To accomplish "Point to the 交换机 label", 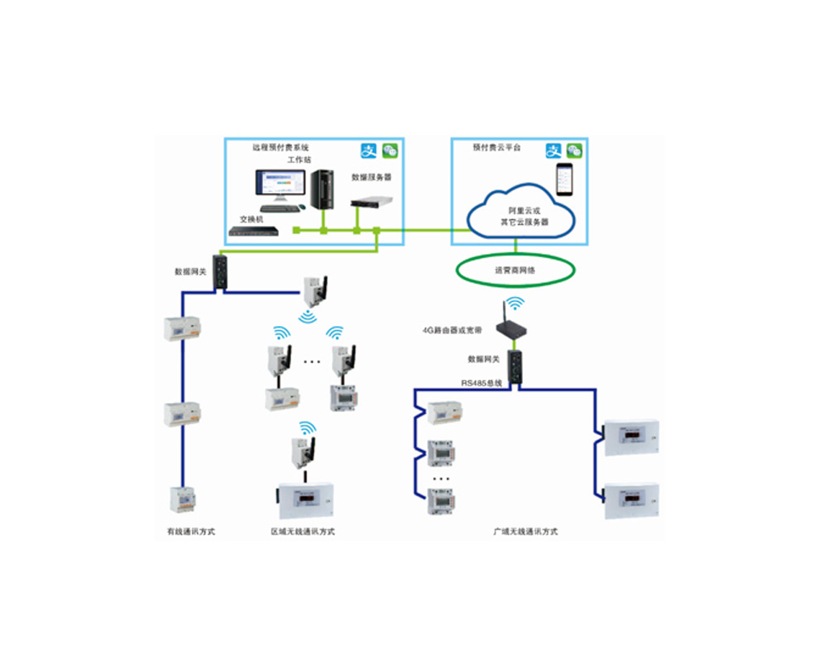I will coord(251,219).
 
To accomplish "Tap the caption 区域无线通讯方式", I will coord(303,531).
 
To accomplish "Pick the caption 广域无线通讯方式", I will coord(525,531).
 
